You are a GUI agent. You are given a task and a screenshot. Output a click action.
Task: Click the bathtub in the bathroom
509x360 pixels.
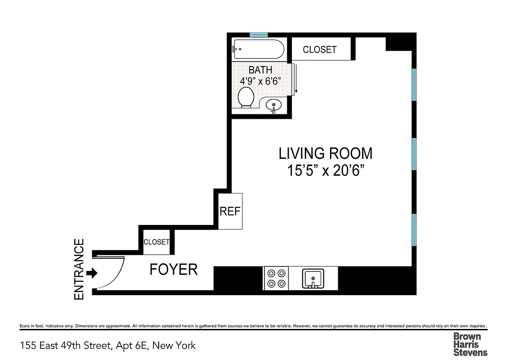[259, 49]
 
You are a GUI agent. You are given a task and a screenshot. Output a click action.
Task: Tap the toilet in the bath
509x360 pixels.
[246, 97]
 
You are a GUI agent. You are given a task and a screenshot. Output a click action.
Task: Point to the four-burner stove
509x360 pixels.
[276, 278]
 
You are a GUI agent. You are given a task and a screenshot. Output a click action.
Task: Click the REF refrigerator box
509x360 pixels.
[230, 211]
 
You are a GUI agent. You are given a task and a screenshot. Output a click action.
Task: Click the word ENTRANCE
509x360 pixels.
[79, 269]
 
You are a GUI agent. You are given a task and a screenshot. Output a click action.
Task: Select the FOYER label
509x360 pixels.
[173, 270]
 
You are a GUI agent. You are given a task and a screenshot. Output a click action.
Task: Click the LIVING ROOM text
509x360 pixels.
[326, 153]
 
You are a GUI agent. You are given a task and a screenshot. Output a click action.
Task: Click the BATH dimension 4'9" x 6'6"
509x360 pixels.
[260, 82]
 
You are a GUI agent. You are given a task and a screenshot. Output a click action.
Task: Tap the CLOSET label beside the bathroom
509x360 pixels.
[319, 49]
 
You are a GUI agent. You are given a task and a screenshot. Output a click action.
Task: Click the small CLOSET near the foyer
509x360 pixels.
[156, 242]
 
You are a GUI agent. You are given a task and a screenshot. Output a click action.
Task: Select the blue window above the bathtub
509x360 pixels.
[259, 35]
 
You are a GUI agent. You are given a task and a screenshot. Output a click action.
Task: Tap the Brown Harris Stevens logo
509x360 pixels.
[470, 344]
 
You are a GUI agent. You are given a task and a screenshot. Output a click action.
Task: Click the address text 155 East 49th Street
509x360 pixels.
[108, 346]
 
